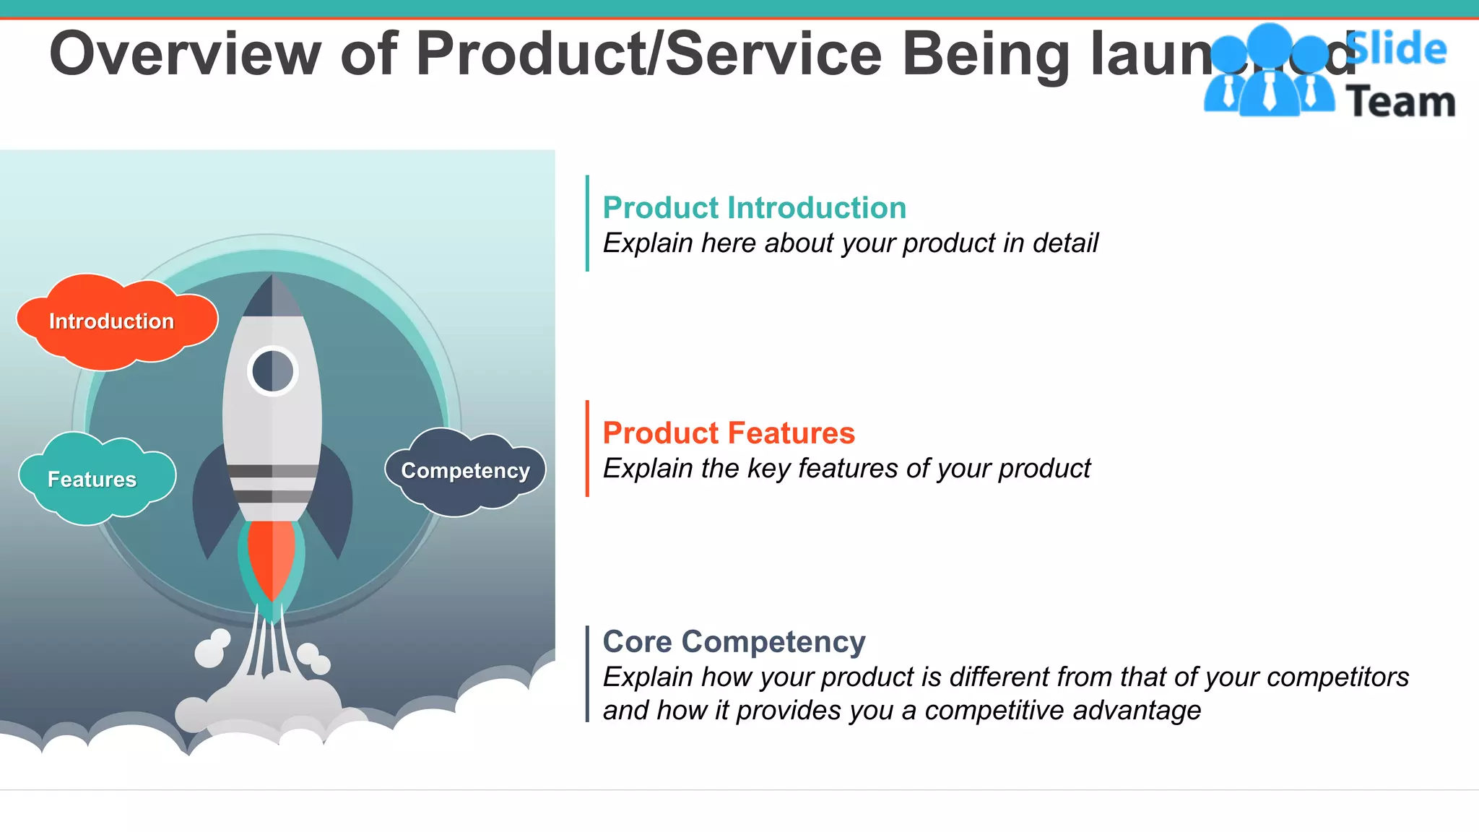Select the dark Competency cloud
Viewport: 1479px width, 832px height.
[466, 471]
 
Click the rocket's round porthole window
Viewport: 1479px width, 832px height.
[272, 371]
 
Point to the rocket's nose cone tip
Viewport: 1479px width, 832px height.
[272, 277]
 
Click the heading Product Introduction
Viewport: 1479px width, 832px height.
[754, 208]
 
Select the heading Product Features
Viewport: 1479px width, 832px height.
[728, 433]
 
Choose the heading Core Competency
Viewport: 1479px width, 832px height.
[734, 641]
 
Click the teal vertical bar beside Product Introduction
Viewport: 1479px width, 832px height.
[587, 223]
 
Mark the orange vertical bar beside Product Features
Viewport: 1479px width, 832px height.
[587, 448]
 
